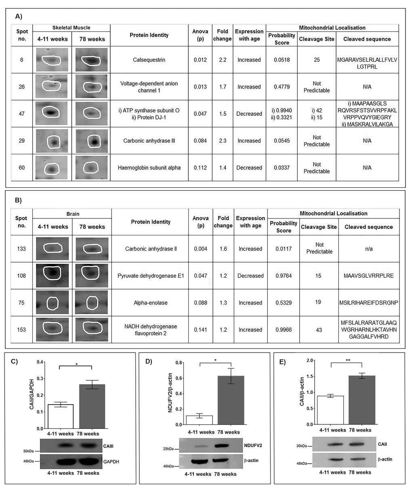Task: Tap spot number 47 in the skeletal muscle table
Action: [22, 113]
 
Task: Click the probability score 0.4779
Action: [282, 87]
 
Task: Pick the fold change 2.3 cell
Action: [222, 141]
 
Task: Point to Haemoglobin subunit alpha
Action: [150, 168]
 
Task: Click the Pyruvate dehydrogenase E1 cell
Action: [151, 276]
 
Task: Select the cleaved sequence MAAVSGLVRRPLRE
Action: [368, 276]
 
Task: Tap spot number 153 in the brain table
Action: [21, 330]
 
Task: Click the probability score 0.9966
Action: [283, 330]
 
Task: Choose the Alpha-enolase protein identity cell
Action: [151, 303]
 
